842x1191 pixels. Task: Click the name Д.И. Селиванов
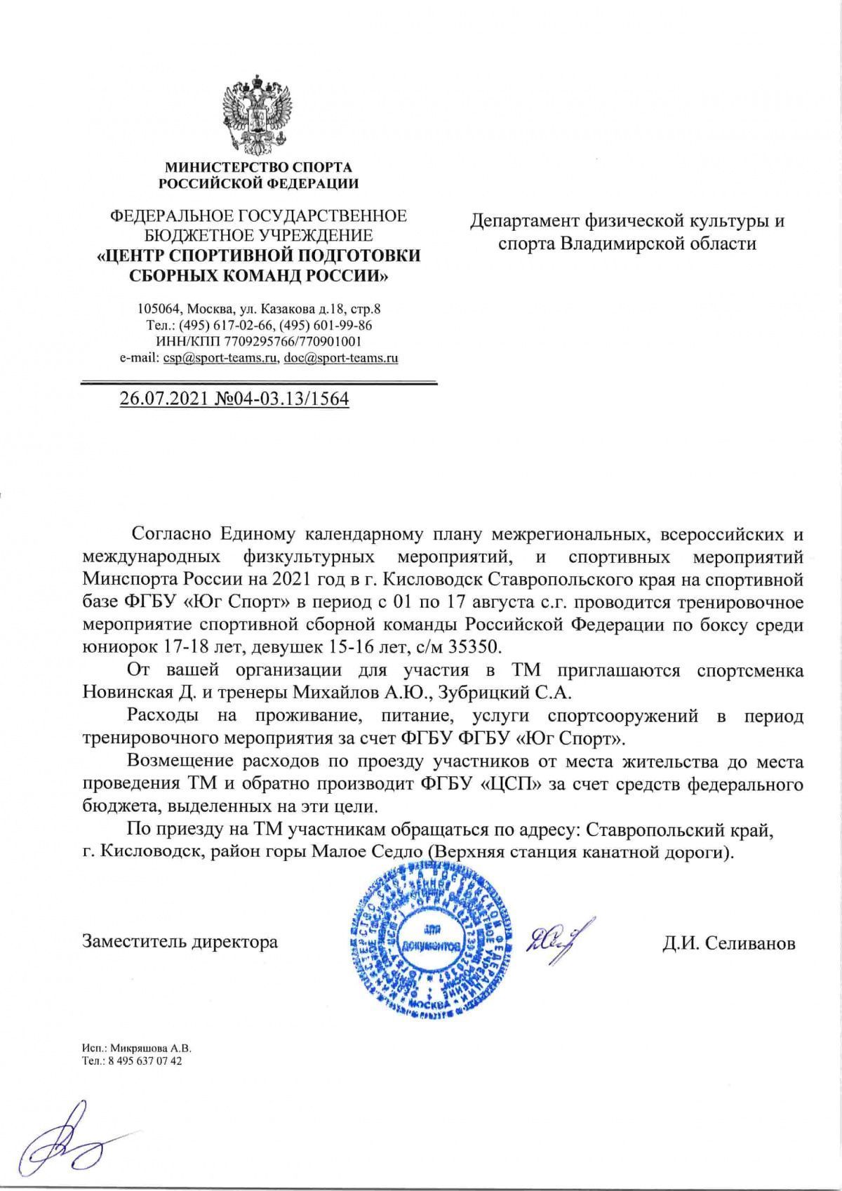click(x=729, y=943)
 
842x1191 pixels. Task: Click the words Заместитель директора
click(x=180, y=941)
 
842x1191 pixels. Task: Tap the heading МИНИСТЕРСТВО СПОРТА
click(x=258, y=168)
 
